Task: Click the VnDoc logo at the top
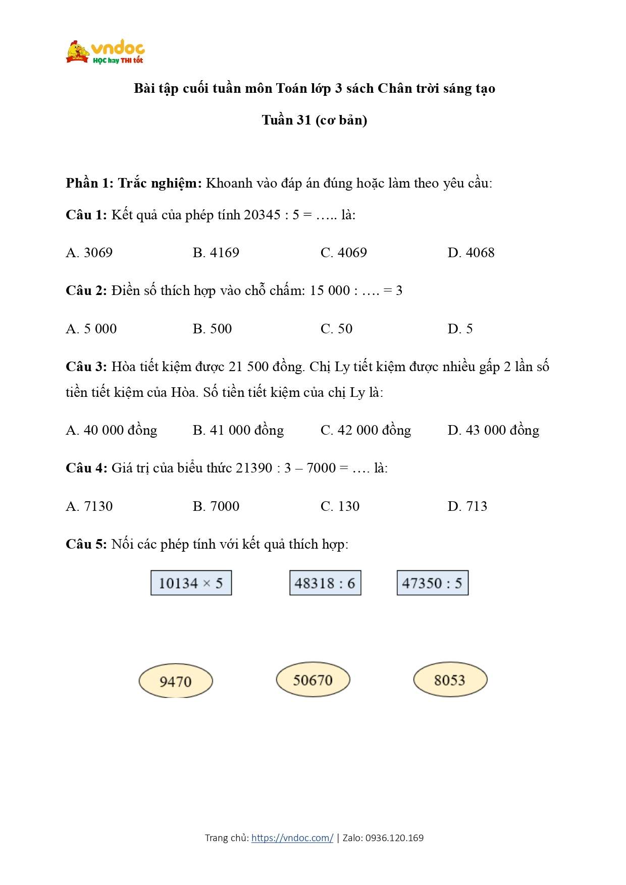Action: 106,52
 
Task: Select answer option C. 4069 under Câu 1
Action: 343,253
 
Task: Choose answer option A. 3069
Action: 89,253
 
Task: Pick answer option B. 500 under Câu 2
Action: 212,329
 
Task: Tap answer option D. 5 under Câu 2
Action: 460,329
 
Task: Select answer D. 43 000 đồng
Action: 493,430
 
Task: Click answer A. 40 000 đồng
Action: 112,430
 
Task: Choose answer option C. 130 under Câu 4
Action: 340,506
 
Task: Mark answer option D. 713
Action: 467,506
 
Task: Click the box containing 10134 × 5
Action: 191,583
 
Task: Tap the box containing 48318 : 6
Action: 325,583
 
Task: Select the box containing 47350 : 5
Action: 433,583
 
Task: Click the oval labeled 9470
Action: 176,681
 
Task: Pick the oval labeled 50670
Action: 313,680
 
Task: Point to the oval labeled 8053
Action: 450,680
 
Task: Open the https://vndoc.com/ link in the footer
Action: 292,838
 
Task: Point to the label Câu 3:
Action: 86,367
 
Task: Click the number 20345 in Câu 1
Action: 262,215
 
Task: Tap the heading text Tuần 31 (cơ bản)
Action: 315,120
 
